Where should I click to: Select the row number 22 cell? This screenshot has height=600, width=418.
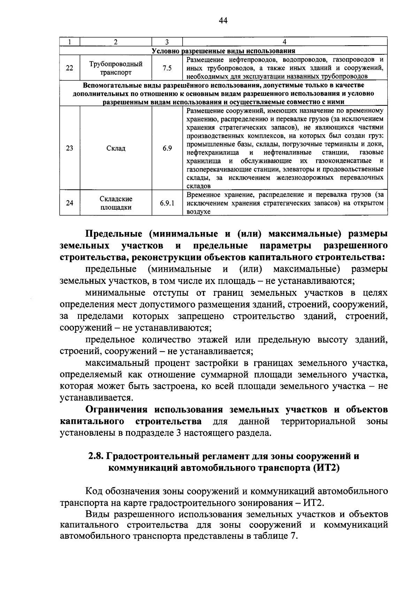(x=70, y=68)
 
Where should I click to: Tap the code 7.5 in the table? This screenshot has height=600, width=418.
(x=167, y=68)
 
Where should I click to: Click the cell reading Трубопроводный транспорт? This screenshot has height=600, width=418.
(x=116, y=68)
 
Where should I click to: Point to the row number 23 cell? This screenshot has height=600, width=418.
(x=70, y=148)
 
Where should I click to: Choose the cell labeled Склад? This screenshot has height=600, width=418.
(x=116, y=148)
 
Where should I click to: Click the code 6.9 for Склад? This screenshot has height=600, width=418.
(x=167, y=148)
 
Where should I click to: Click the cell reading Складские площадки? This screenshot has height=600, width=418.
(x=116, y=203)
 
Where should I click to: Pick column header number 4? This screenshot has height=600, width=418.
(x=285, y=42)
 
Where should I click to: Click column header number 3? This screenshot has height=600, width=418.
(x=167, y=42)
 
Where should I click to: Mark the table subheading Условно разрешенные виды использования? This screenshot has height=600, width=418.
(x=223, y=51)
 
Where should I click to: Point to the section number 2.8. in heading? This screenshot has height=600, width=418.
(x=96, y=456)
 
